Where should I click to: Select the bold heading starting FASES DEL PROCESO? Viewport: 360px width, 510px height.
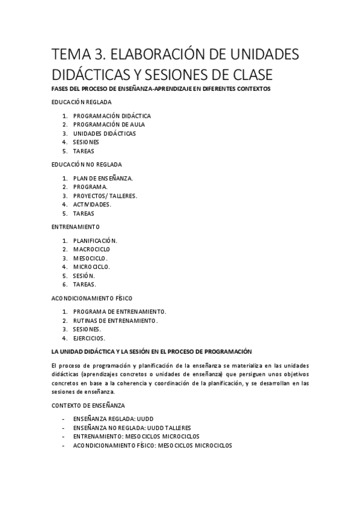[161, 89]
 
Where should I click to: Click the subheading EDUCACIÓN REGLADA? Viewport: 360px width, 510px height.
[81, 102]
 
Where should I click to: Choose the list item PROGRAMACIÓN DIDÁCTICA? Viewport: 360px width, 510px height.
[112, 115]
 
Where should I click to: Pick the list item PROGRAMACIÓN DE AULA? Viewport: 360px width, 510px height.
[109, 124]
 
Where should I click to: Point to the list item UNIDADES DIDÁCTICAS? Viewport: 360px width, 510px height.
[105, 134]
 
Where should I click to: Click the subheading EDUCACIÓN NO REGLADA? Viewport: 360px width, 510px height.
[87, 164]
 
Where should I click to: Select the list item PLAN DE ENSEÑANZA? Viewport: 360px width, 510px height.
[103, 178]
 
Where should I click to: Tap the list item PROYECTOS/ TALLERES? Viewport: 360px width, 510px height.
[105, 195]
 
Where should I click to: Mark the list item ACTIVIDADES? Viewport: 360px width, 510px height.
[92, 204]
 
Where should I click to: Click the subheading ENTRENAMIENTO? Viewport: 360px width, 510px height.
[76, 227]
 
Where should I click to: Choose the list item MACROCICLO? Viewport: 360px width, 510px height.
[91, 249]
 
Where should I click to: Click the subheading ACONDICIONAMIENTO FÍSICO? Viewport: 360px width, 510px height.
[92, 298]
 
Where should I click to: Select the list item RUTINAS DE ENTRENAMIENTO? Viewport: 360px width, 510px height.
[115, 321]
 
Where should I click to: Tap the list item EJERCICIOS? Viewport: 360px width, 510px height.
[89, 338]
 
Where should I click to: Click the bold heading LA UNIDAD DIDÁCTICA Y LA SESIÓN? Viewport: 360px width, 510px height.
[151, 351]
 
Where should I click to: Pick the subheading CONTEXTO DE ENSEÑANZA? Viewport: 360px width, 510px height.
[88, 405]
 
